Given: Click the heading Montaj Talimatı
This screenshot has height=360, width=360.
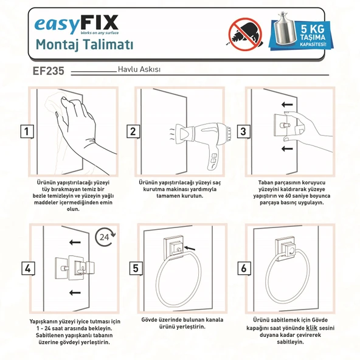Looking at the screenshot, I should pyautogui.click(x=85, y=45).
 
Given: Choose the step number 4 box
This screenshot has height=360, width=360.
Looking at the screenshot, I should pyautogui.click(x=26, y=268).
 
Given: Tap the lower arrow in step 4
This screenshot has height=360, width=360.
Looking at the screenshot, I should pyautogui.click(x=75, y=292).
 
